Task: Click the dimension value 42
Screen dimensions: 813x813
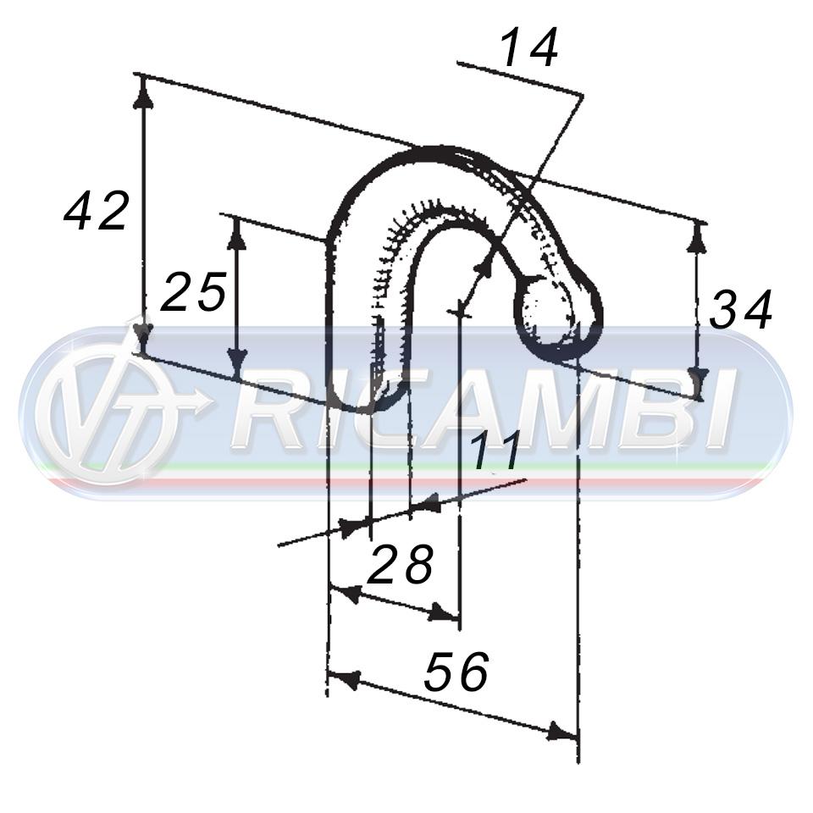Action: [x=96, y=211]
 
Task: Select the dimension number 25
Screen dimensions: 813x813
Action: [x=193, y=291]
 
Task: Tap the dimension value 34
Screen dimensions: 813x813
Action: [x=741, y=310]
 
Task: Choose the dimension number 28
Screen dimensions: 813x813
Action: [x=400, y=564]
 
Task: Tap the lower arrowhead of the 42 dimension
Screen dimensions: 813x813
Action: [x=142, y=338]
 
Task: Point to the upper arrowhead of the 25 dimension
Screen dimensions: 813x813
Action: [x=236, y=233]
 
